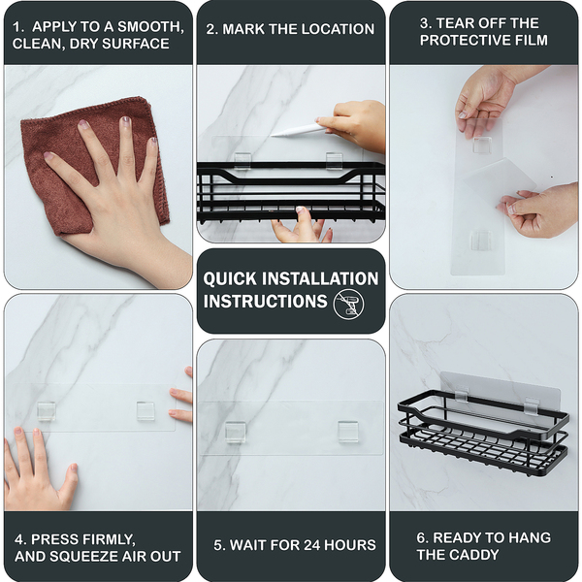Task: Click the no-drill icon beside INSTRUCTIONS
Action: coord(348,304)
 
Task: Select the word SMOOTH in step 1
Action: coord(150,27)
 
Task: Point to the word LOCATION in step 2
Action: coord(337,29)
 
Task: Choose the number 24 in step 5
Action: coord(312,545)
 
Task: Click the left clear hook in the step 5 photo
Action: coord(236,432)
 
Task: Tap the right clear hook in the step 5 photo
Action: coord(348,432)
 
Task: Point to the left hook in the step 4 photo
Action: coord(47,411)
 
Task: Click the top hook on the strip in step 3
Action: coord(482,145)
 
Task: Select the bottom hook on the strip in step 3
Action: coord(481,241)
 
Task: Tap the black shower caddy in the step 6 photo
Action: coord(483,434)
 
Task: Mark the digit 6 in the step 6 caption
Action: coord(421,537)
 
